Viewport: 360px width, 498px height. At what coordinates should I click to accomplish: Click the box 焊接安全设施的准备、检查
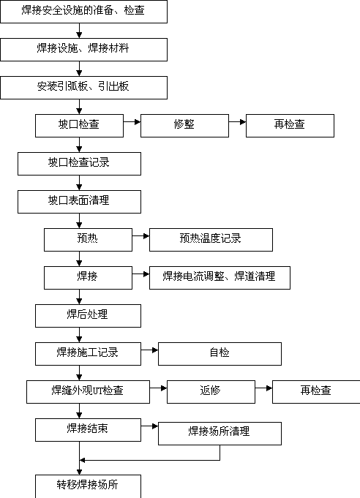[x=84, y=12]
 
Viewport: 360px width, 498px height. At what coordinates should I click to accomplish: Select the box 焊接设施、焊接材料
[x=84, y=50]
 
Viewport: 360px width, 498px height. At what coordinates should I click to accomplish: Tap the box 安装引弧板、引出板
[x=84, y=88]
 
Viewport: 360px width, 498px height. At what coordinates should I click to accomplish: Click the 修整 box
[x=184, y=126]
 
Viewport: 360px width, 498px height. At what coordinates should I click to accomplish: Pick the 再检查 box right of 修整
[x=290, y=126]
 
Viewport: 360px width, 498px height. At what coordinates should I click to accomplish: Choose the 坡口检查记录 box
[x=80, y=164]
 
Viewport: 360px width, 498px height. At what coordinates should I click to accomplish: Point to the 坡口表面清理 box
[x=80, y=202]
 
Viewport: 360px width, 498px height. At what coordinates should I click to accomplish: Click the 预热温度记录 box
[x=211, y=240]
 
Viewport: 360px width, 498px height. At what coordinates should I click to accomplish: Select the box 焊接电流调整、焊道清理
[x=220, y=278]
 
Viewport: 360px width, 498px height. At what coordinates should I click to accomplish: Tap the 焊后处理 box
[x=88, y=316]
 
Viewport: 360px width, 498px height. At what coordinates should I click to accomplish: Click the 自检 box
[x=220, y=354]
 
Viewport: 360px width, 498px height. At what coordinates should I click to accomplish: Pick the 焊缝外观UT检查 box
[x=88, y=392]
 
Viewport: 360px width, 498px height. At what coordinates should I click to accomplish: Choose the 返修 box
[x=211, y=392]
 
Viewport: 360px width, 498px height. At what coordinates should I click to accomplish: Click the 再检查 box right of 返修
[x=316, y=392]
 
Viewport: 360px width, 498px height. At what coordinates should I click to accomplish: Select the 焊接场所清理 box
[x=220, y=434]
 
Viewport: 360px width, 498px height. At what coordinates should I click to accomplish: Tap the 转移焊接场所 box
[x=88, y=486]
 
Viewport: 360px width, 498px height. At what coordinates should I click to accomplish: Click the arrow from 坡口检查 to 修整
[x=132, y=121]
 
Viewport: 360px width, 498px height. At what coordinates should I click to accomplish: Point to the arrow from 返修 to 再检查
[x=263, y=388]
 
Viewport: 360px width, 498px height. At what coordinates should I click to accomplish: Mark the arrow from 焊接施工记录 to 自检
[x=150, y=350]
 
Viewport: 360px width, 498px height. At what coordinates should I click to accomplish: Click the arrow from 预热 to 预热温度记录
[x=140, y=236]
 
